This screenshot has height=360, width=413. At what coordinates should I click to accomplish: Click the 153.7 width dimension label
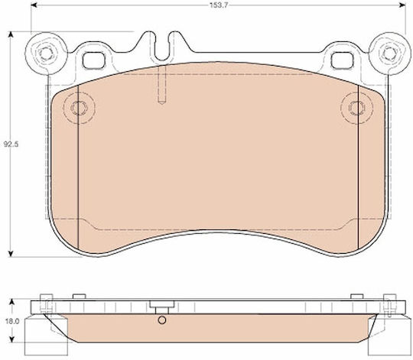pos(218,5)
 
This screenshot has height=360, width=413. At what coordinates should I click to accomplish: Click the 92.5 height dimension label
pos(11,144)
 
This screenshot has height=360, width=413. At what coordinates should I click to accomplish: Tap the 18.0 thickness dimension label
pos(11,321)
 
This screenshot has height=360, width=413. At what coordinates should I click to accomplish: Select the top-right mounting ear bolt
pos(389,54)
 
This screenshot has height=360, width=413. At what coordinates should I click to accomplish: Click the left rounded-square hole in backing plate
pos(94,60)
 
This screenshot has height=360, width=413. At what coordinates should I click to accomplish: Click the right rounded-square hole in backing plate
pos(342,60)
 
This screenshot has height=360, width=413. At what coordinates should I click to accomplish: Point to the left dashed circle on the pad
pos(79,108)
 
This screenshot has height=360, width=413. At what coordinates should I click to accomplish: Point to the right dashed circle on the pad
pos(356,108)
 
